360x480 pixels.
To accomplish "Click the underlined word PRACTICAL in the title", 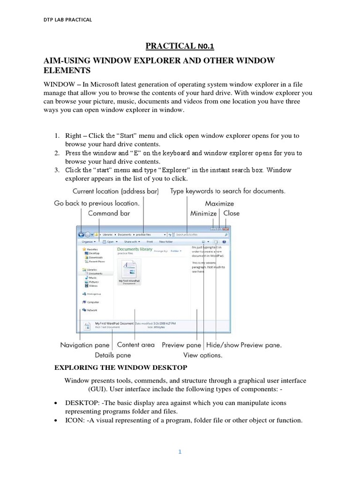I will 169,45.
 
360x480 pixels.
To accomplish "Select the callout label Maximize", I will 219,204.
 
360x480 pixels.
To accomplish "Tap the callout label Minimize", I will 203,213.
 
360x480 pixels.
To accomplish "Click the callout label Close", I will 231,213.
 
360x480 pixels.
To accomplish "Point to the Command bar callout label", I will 109,213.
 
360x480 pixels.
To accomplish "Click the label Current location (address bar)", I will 115,191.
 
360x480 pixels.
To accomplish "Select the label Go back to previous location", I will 97,203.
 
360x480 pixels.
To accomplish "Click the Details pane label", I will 113,355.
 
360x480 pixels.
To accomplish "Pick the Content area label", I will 136,345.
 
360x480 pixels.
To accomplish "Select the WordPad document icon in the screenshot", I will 129,270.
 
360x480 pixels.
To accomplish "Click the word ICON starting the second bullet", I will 73,420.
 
